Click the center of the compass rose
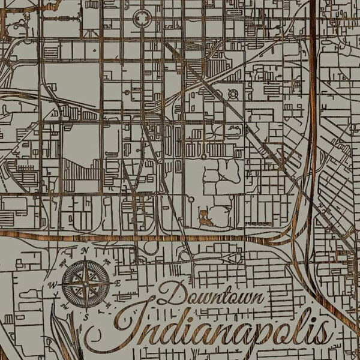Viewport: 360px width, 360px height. point(86,281)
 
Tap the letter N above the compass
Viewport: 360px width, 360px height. point(86,251)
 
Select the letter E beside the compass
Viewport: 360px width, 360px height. point(119,282)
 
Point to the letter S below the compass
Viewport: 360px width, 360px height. point(86,316)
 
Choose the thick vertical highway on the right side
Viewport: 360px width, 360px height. point(312,120)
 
